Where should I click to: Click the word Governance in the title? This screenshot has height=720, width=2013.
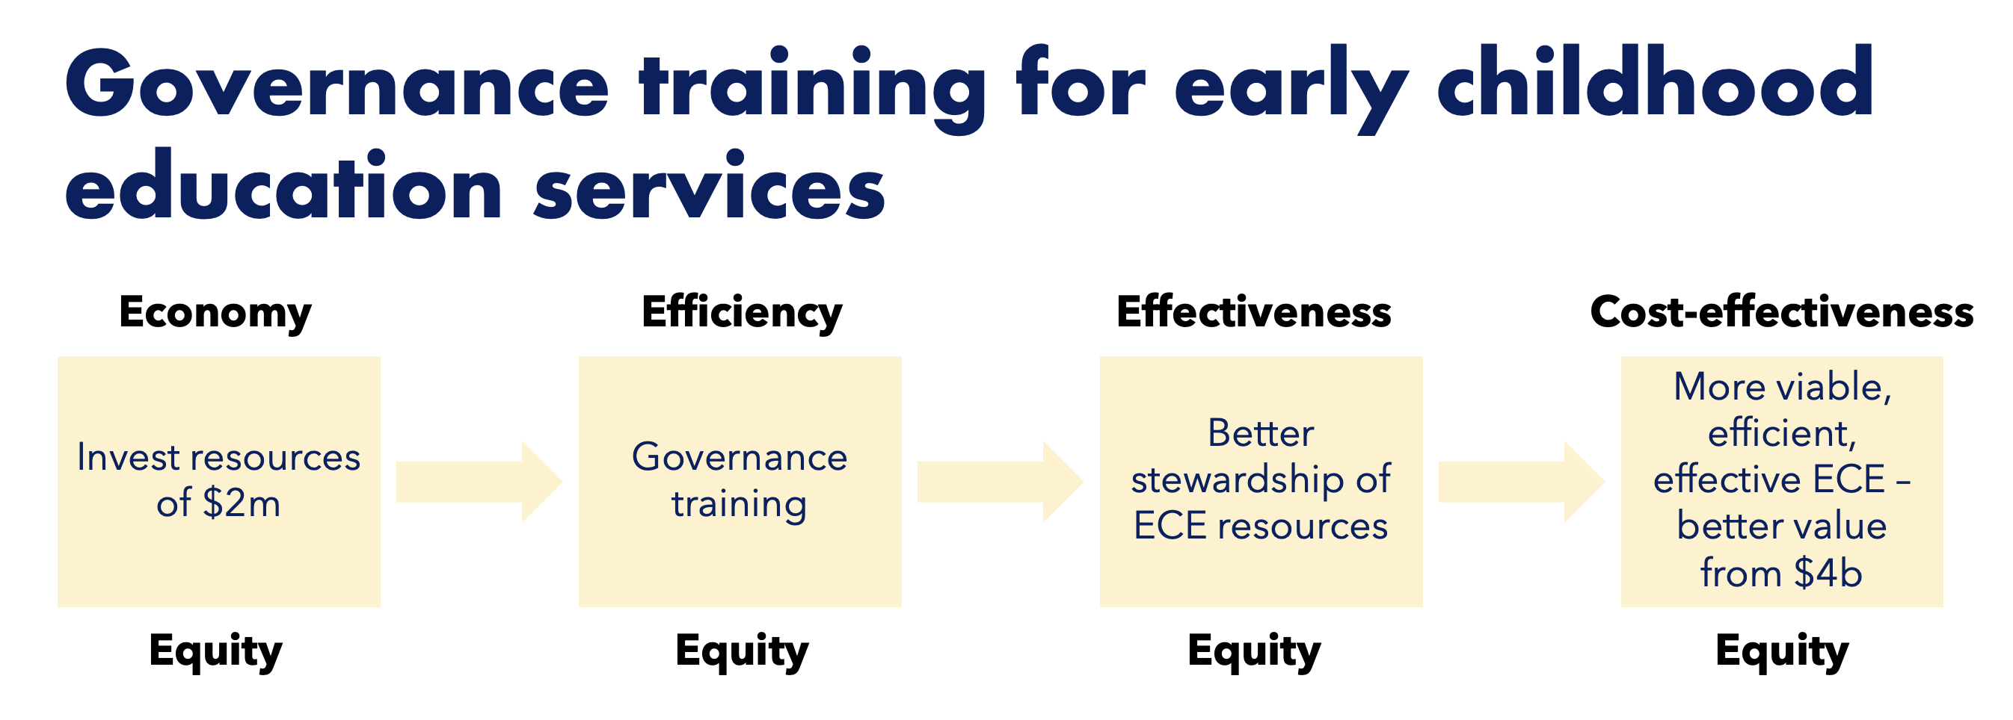coord(336,84)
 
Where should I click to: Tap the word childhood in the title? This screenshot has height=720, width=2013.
coord(1655,81)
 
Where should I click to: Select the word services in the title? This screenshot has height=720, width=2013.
coord(710,187)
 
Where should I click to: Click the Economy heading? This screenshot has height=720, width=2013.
coord(215,313)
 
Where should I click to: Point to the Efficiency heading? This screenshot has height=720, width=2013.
coord(742,313)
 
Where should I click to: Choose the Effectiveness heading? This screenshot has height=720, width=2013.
coord(1253,311)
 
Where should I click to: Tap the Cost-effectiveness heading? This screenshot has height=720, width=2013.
coord(1782,311)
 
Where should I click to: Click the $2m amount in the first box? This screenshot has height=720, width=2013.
coord(242,503)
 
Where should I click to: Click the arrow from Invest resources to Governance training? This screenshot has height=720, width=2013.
coord(479,481)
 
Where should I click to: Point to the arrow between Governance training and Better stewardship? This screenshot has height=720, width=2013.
coord(1001,481)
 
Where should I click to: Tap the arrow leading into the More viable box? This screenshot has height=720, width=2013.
coord(1522,481)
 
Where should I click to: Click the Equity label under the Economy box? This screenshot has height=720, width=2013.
coord(215,651)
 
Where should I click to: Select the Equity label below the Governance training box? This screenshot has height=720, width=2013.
coord(742,651)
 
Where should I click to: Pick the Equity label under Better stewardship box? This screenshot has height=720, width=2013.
coord(1254,651)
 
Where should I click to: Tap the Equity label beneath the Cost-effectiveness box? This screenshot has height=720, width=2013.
coord(1782,651)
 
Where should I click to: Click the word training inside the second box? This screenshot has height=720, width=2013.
coord(740,504)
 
